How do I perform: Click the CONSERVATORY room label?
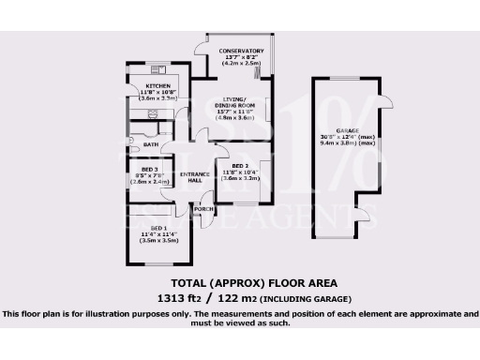[235, 51]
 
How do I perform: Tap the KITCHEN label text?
[143, 84]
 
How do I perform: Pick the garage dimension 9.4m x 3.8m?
[355, 143]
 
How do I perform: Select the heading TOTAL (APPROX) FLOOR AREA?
[240, 282]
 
